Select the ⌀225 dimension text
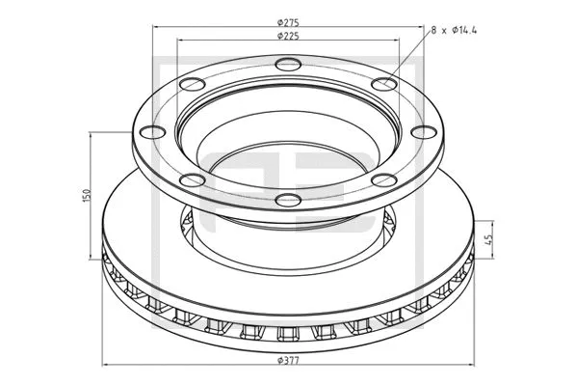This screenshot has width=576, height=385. click(287, 36)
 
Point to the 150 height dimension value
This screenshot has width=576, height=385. click(88, 196)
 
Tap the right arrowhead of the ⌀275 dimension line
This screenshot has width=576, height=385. click(421, 26)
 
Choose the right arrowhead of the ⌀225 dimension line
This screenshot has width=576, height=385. click(397, 41)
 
